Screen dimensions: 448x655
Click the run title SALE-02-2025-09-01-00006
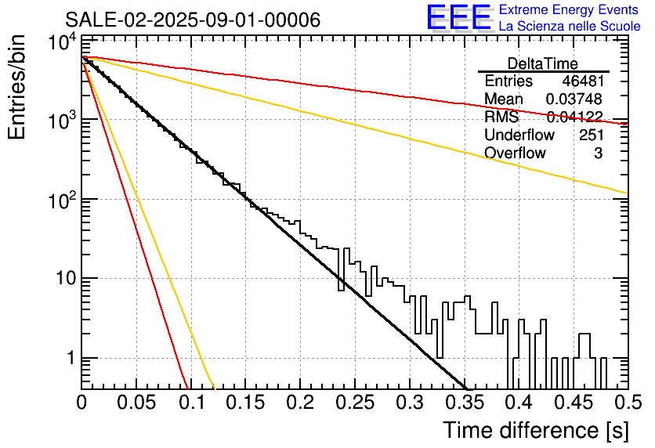click(x=193, y=20)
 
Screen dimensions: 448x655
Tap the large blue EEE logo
click(x=458, y=18)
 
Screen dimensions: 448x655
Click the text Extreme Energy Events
click(x=569, y=10)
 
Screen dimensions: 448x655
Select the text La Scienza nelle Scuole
click(x=569, y=27)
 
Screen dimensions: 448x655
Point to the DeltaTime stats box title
click(x=543, y=63)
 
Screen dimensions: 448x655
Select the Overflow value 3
click(x=598, y=154)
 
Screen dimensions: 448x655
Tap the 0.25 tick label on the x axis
click(x=354, y=403)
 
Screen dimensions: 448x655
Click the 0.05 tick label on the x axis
click(x=136, y=403)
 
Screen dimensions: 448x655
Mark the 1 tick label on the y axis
click(x=69, y=359)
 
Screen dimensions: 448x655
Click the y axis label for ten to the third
click(x=61, y=122)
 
